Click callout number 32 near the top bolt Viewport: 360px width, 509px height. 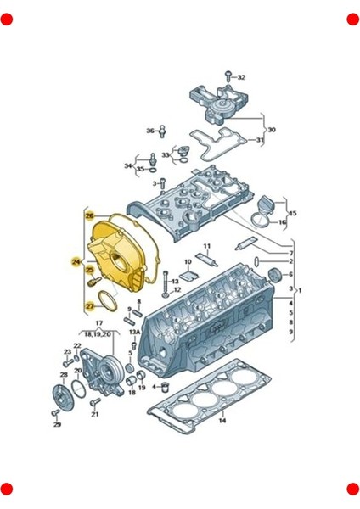coord(240,77)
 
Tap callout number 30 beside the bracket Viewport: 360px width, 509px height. coord(272,130)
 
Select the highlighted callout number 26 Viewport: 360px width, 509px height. coord(89,217)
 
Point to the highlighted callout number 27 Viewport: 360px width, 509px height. coord(89,305)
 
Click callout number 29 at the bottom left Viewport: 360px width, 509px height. coord(58,424)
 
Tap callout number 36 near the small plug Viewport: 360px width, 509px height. coord(150,131)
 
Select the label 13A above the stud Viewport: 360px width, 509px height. coord(135,334)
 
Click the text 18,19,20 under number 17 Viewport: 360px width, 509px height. coord(98,334)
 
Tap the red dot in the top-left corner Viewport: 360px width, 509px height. coord(7,19)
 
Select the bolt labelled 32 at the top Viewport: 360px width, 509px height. coord(228,76)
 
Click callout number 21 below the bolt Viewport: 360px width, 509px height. coord(95,414)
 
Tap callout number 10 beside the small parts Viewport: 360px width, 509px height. coord(187,262)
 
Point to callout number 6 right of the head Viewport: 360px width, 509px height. coord(290,274)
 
